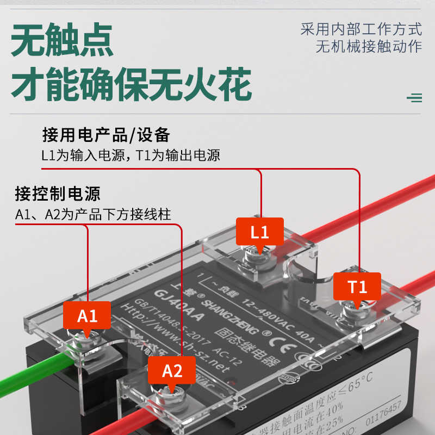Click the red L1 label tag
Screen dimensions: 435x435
point(259,233)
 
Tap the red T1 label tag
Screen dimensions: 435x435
point(357,286)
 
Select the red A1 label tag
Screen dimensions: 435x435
point(87,315)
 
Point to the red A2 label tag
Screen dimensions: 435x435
point(172,371)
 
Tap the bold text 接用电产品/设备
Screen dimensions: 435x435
point(107,134)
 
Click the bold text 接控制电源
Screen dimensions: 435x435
point(58,194)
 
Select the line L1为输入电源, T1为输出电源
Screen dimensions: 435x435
point(130,155)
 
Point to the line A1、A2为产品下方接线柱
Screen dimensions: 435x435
point(93,214)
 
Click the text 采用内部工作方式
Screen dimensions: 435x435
point(361,29)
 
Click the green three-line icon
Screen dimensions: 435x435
point(414,98)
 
